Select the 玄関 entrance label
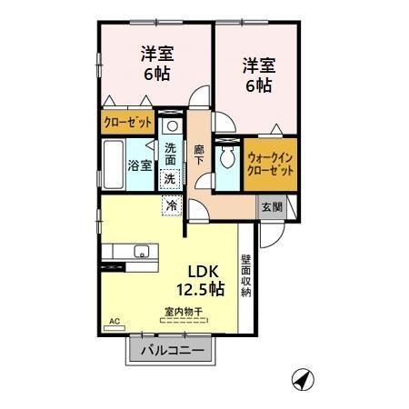[x=272, y=206]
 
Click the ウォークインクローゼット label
[x=271, y=163]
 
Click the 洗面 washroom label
[x=171, y=154]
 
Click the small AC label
[x=115, y=322]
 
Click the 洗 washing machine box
[x=171, y=179]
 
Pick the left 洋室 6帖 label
[x=156, y=63]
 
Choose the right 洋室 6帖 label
[x=257, y=75]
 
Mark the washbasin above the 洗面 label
[x=171, y=125]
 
